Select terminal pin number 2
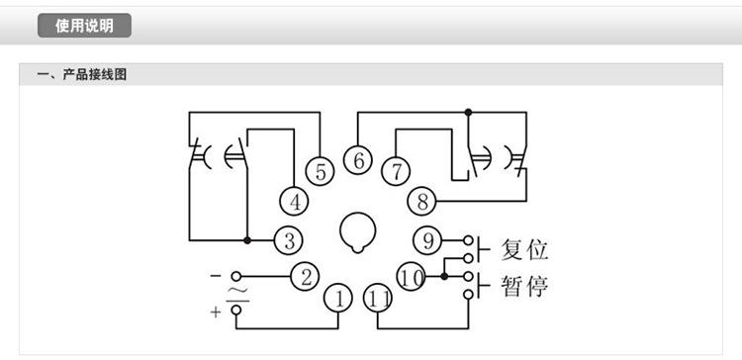tap(307, 275)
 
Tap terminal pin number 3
tap(289, 239)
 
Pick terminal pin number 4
tap(294, 201)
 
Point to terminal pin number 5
tap(319, 170)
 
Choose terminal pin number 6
tap(358, 159)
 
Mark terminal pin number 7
tap(396, 170)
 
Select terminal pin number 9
tap(428, 239)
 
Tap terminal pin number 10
tap(413, 276)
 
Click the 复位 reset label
tap(524, 247)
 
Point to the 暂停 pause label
tap(524, 287)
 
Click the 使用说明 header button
tap(84, 26)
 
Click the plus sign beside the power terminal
tap(215, 313)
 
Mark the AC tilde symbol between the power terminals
tap(235, 292)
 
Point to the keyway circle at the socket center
tap(357, 231)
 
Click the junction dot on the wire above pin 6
tap(468, 112)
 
